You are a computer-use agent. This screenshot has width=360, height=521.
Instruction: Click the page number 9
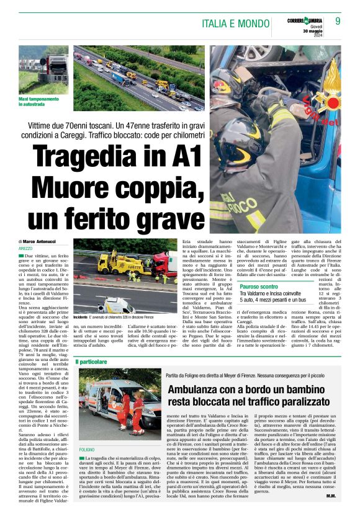point(338,21)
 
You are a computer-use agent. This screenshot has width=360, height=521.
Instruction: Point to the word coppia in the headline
point(145,188)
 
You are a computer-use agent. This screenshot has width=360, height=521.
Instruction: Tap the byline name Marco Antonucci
point(40,241)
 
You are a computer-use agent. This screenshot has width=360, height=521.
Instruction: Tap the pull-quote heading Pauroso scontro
point(259,287)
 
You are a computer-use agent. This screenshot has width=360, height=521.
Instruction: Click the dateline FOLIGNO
point(87,448)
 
